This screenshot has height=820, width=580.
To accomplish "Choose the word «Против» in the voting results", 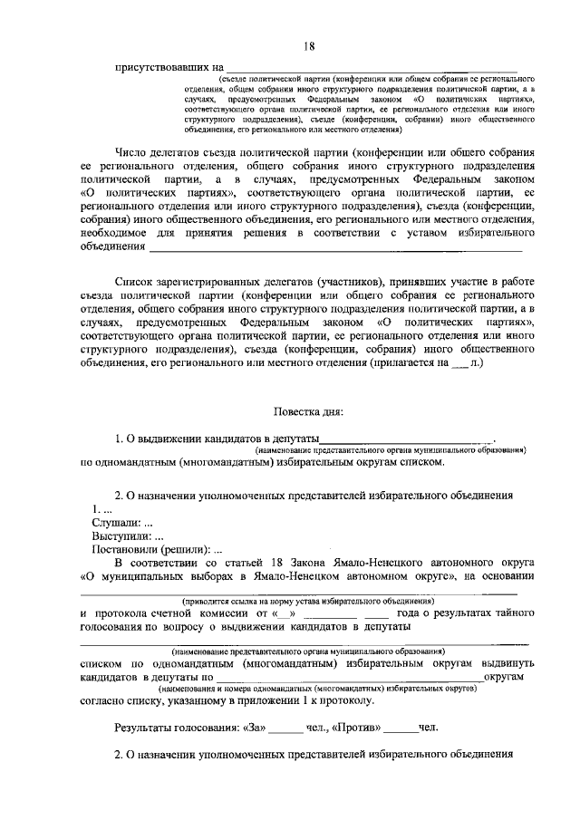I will tap(361, 728).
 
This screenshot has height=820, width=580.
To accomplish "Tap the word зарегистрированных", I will tap(216, 284).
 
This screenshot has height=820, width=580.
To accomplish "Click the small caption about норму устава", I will tap(307, 600).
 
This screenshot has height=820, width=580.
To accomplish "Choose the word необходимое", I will tap(115, 232).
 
